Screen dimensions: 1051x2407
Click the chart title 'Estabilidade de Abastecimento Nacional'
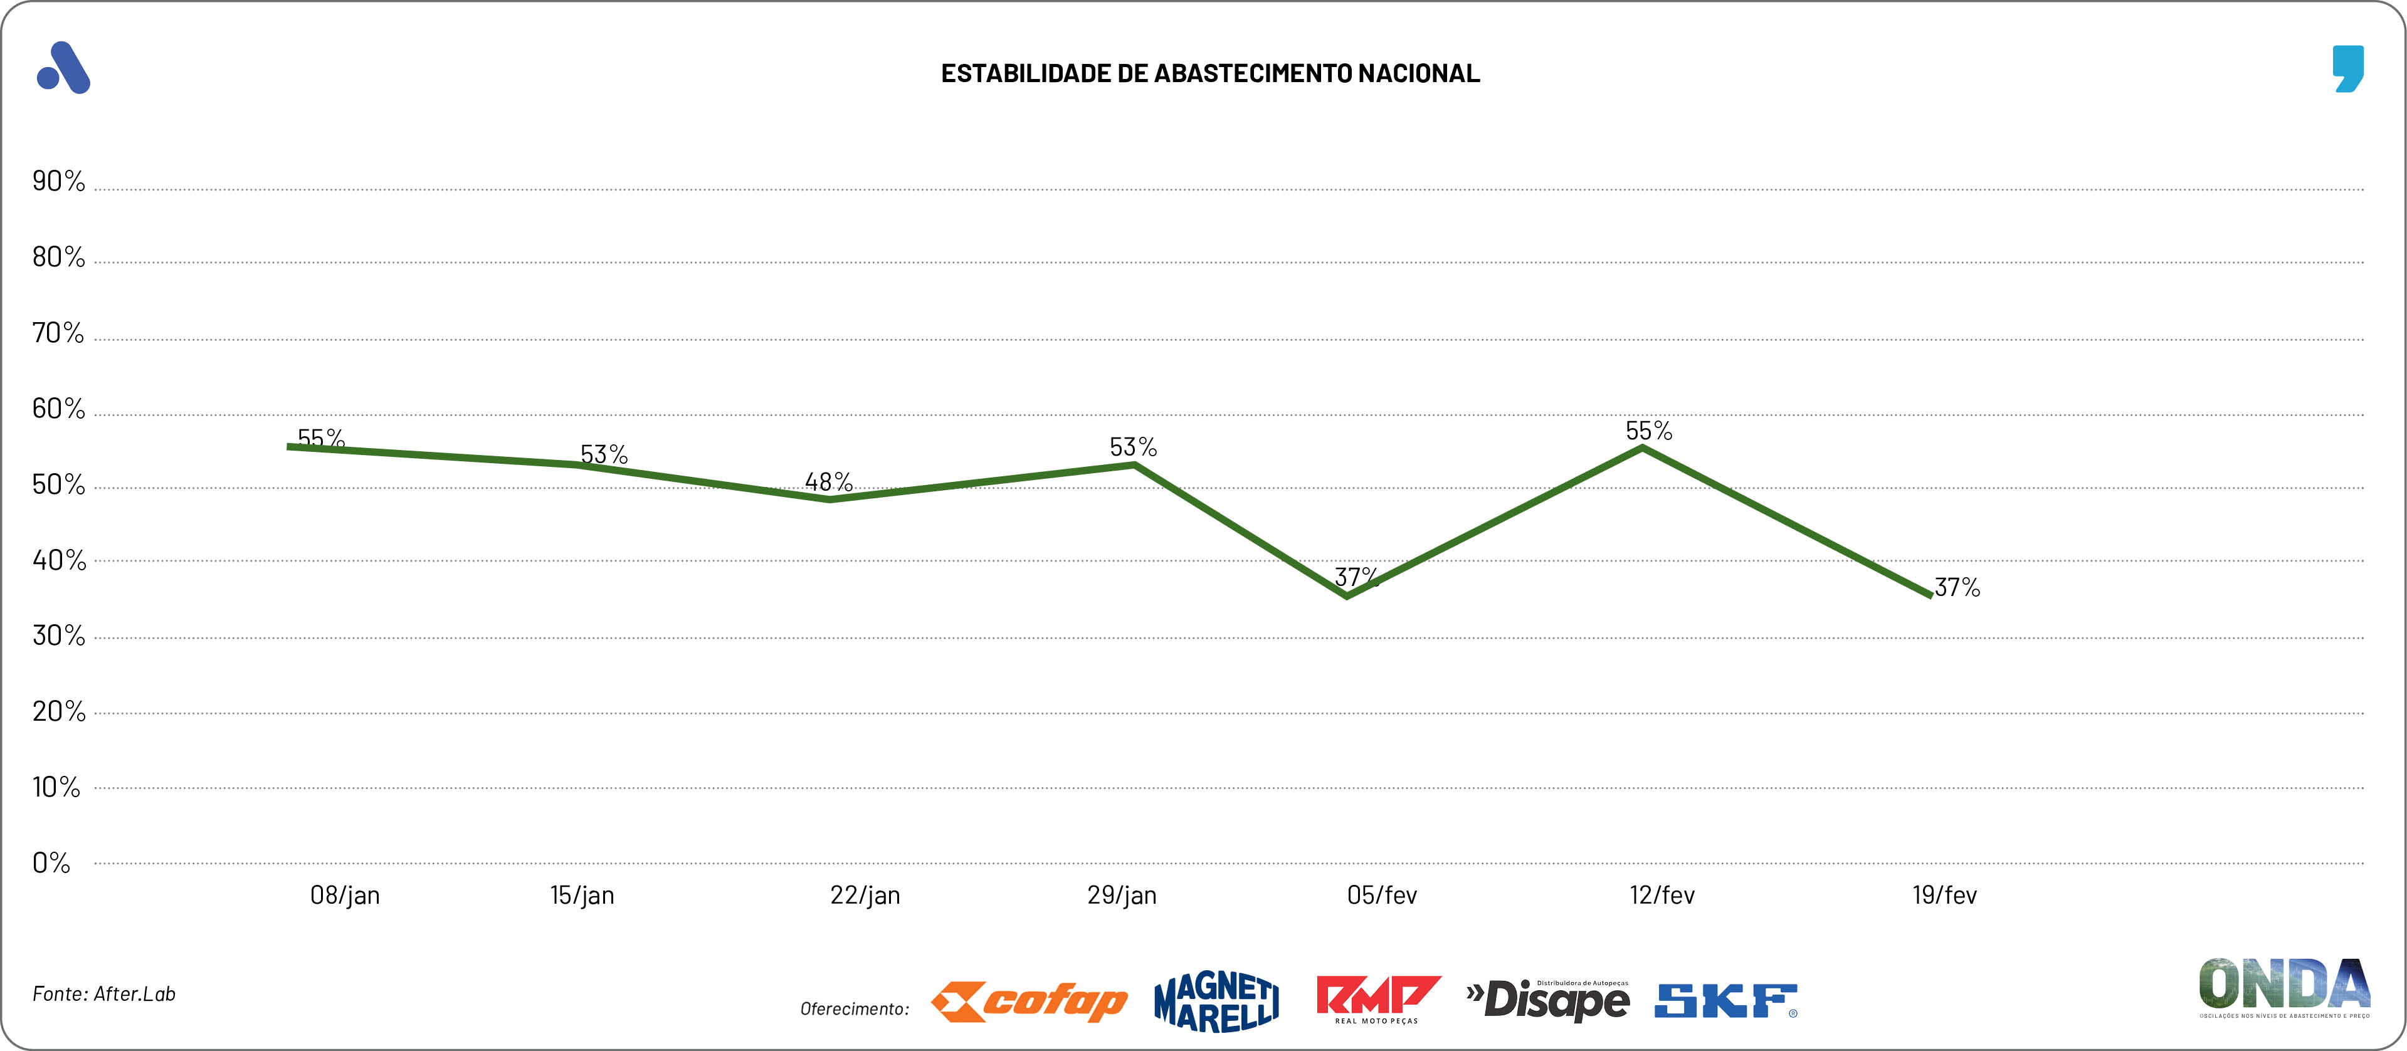pyautogui.click(x=1210, y=73)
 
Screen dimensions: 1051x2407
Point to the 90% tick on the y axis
pyautogui.click(x=58, y=180)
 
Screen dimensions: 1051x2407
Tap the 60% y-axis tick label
pyautogui.click(x=58, y=408)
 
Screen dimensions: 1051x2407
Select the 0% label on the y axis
pyautogui.click(x=51, y=862)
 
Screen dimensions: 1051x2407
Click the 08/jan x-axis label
pyautogui.click(x=345, y=895)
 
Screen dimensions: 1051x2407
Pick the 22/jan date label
pyautogui.click(x=865, y=895)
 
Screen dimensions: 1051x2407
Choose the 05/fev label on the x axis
pyautogui.click(x=1381, y=895)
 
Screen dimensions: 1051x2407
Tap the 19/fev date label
pyautogui.click(x=1944, y=895)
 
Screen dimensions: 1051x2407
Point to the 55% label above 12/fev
pyautogui.click(x=1648, y=431)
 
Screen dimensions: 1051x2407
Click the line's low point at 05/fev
pyautogui.click(x=1346, y=595)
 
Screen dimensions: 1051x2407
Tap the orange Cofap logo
pyautogui.click(x=1029, y=1001)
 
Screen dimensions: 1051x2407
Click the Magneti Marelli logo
pyautogui.click(x=1216, y=1001)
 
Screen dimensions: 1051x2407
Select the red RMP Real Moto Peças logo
pyautogui.click(x=1377, y=1000)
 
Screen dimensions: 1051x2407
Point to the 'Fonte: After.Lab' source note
pyautogui.click(x=103, y=994)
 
